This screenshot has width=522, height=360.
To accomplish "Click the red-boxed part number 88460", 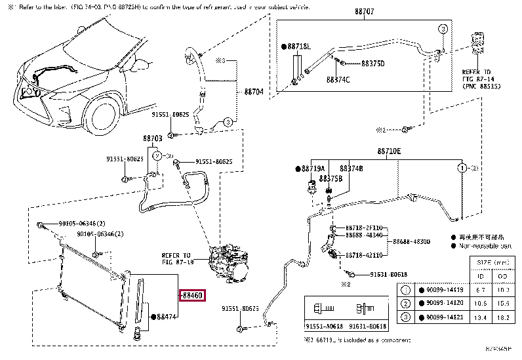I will pos(192,296).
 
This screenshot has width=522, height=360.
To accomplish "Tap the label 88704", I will pos(254,92).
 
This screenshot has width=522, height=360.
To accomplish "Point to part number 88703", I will pos(152,139).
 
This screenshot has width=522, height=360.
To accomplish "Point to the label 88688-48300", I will pos(411,242).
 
